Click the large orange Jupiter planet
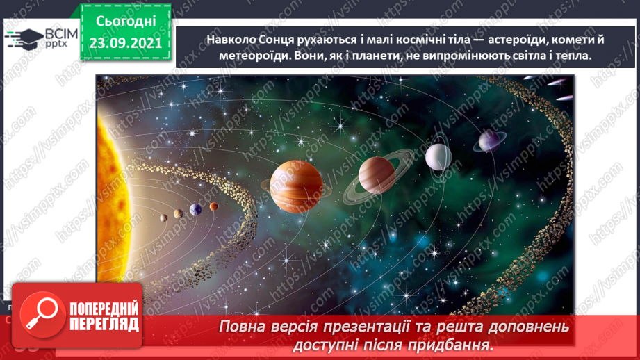tap(297, 186)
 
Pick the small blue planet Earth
tap(196, 208)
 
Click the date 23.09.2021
tap(124, 42)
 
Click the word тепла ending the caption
tap(571, 57)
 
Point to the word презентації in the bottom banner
tap(390, 326)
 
